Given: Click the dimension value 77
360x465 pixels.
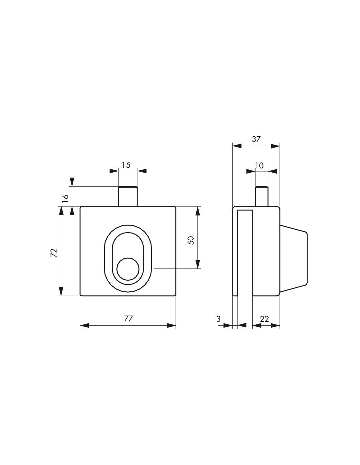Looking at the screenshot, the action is point(128,319).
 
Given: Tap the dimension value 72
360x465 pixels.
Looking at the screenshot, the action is point(54,252).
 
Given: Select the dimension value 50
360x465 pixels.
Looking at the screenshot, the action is point(190,240).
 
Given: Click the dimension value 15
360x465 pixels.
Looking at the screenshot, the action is point(126,165).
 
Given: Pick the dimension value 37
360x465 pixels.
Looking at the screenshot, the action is point(256,139).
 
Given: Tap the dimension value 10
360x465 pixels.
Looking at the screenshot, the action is point(259,165).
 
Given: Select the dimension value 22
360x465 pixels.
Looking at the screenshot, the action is point(264,319).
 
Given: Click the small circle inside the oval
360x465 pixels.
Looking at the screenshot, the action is point(128,269).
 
